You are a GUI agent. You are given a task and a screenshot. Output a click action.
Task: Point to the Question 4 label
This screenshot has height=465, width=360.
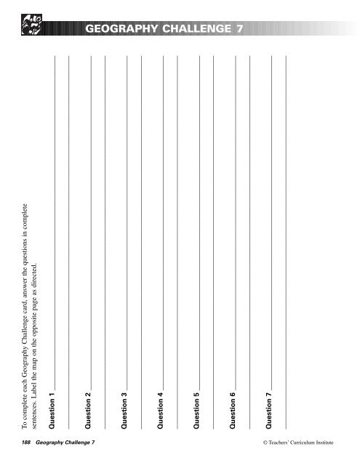click(161, 397)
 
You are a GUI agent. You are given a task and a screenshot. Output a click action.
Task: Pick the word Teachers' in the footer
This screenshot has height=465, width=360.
click(267, 442)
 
